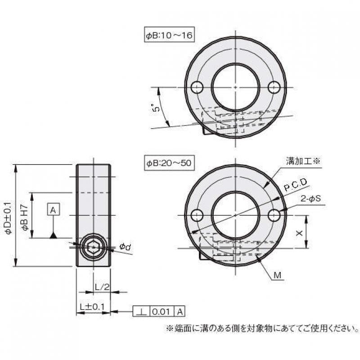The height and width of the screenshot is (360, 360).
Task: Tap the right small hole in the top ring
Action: tap(274, 87)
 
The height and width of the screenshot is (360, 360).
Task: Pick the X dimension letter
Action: tap(299, 233)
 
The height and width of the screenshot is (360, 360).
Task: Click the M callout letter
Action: tap(279, 274)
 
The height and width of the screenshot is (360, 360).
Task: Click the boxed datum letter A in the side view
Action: tap(53, 210)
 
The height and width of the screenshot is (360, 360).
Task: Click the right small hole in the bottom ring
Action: tap(274, 216)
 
